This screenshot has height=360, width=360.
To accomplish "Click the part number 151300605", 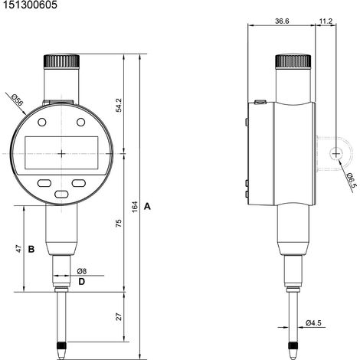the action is (30, 5).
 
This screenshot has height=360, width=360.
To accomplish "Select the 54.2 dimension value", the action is (119, 105).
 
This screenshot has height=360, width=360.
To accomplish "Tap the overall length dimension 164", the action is (135, 207).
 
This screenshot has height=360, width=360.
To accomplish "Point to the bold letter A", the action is (147, 206).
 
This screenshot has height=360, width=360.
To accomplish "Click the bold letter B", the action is (31, 249).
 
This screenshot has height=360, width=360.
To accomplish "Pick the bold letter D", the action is (81, 282).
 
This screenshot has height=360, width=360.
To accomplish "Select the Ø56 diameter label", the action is (18, 100).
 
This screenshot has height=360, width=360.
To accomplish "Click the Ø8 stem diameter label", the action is (82, 271).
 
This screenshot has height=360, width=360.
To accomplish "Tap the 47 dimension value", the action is (19, 249).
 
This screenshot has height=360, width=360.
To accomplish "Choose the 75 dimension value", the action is (119, 223).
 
